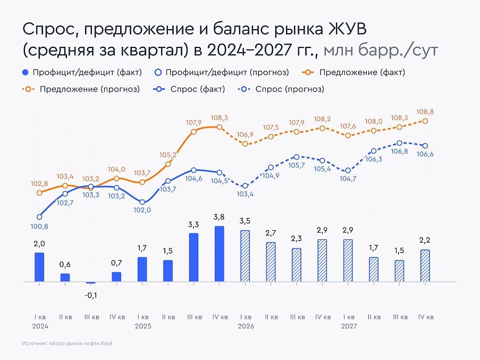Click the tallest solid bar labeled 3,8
219,254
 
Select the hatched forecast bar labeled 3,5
245,256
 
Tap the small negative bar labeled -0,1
91,282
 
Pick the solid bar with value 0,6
65,277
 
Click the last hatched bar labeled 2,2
425,265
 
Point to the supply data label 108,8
425,112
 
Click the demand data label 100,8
39,227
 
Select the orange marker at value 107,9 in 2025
193,131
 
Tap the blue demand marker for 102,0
142,202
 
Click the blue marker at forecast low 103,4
245,186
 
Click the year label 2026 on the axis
245,326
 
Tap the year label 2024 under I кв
39,326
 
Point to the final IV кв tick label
425,317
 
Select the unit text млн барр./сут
381,50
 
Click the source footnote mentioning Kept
68,344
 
